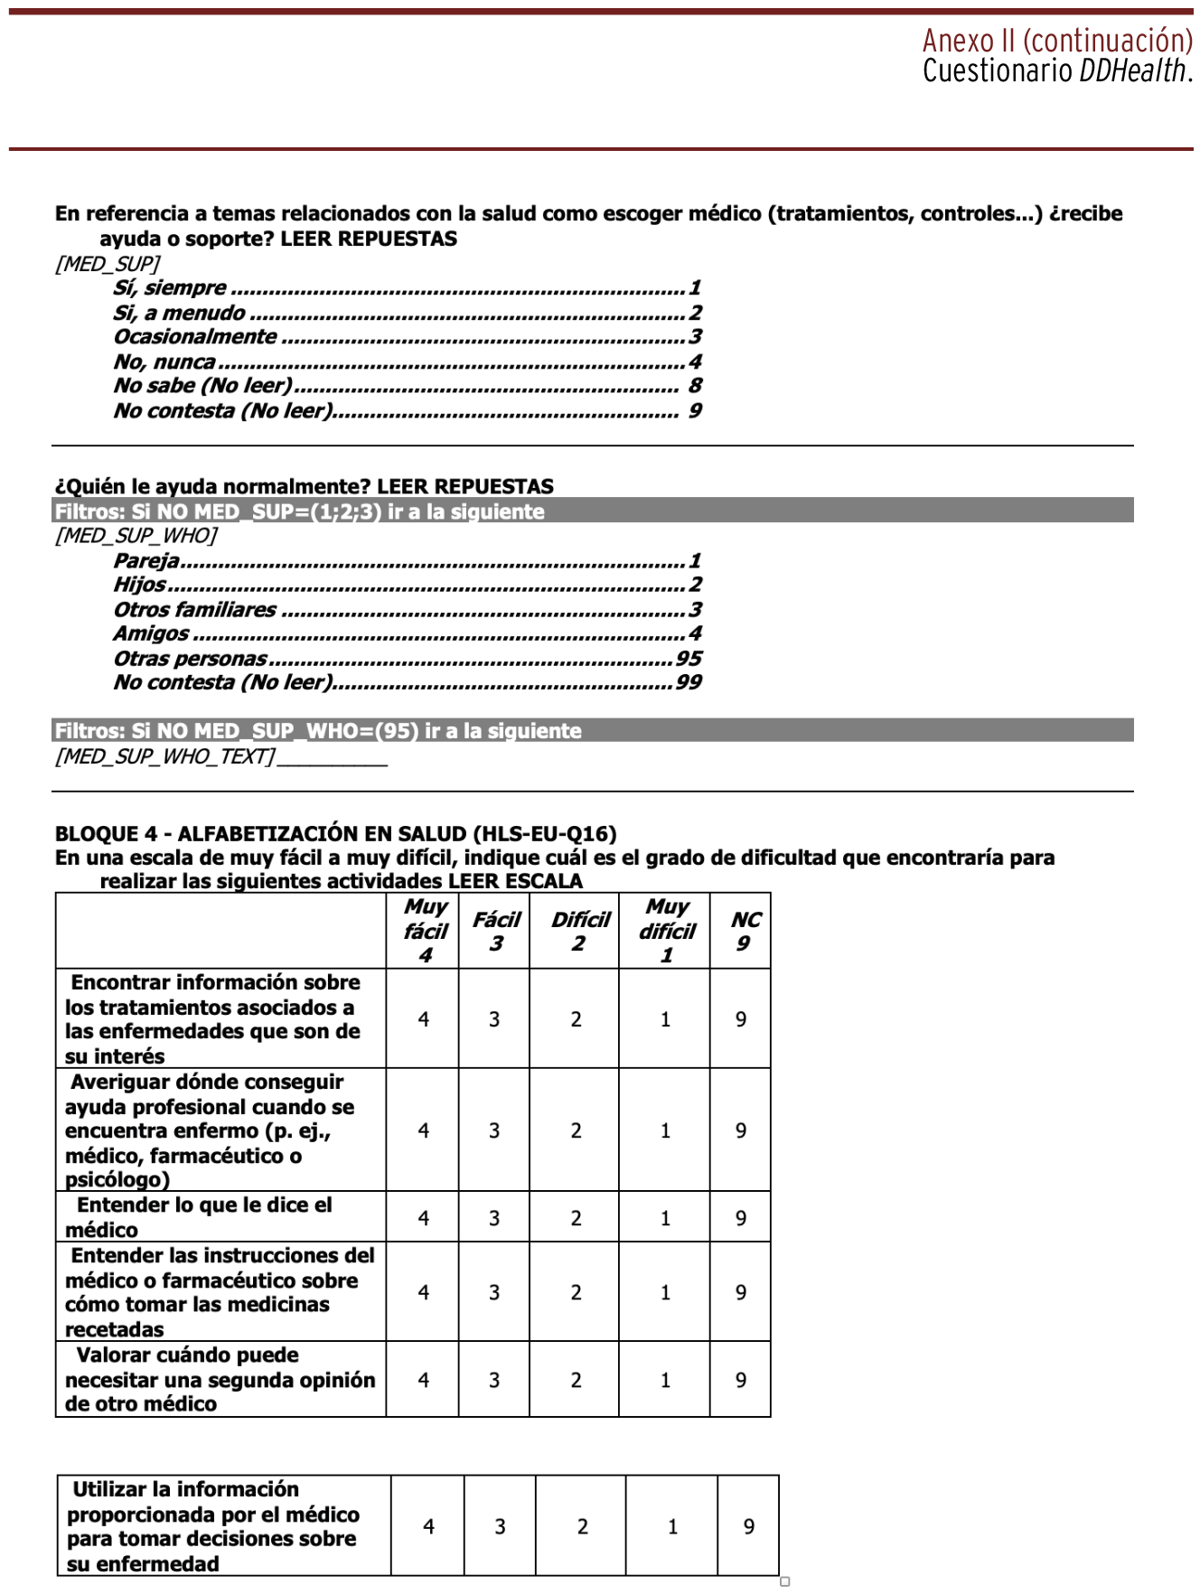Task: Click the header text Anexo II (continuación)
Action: pos(1056,41)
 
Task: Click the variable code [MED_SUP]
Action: pos(108,264)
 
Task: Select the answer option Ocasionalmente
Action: pos(195,337)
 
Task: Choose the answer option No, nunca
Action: pos(164,362)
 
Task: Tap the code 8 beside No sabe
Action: pos(695,386)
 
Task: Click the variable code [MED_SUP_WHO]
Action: pos(136,536)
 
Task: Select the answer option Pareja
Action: pos(146,561)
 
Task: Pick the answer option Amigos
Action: pos(151,634)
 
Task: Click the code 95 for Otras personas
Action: pos(689,659)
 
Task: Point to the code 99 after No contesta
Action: pos(689,683)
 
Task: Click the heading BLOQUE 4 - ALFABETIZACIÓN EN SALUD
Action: pos(335,834)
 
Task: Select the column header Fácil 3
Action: pos(495,932)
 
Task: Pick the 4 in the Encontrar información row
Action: pos(424,1020)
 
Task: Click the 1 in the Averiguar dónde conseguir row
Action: pos(665,1131)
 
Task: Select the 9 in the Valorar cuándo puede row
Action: pos(741,1381)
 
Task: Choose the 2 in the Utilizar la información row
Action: pos(583,1527)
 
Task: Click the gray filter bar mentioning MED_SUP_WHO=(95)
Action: pos(592,731)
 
